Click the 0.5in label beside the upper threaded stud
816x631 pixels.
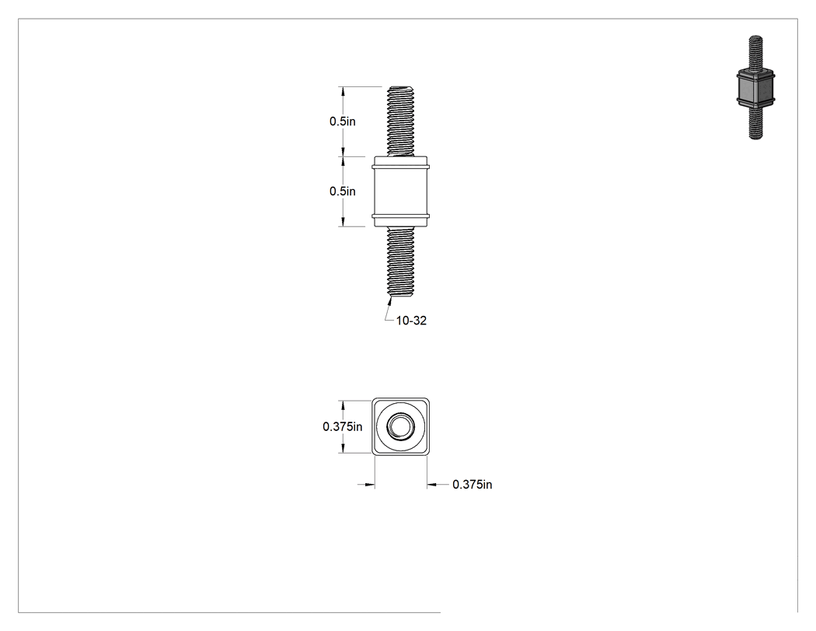343,121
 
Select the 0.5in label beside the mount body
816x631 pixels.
343,191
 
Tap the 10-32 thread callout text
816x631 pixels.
411,321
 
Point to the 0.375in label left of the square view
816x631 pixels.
343,426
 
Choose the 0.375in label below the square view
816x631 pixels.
472,485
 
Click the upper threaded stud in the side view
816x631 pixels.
401,121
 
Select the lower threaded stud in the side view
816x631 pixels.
401,262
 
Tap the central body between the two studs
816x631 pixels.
401,191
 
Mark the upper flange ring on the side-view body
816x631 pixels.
401,167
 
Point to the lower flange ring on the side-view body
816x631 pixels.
401,216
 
